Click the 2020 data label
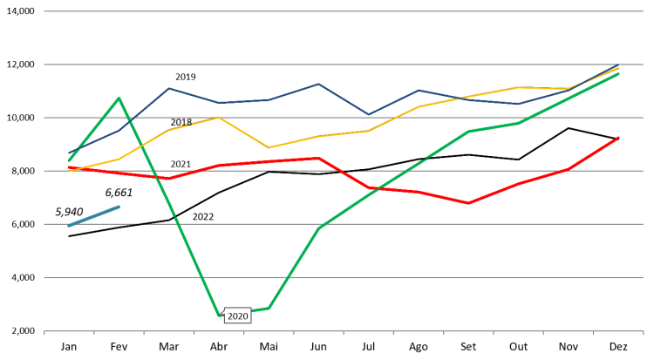coord(237,316)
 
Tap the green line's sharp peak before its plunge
coord(119,98)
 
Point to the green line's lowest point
coord(219,315)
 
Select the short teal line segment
coord(94,216)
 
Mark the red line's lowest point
coord(468,203)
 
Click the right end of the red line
coord(618,137)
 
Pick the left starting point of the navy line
coord(69,153)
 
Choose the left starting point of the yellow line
coord(69,171)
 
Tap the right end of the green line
coord(618,73)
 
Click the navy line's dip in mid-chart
coord(368,114)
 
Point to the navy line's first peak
coord(168,88)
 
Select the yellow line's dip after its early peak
coord(269,147)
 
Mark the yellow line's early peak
coord(219,118)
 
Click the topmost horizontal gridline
coord(344,11)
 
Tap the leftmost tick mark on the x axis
coord(44,333)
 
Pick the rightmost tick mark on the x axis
coord(643,333)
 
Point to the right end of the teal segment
coord(119,207)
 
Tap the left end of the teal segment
coord(69,226)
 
